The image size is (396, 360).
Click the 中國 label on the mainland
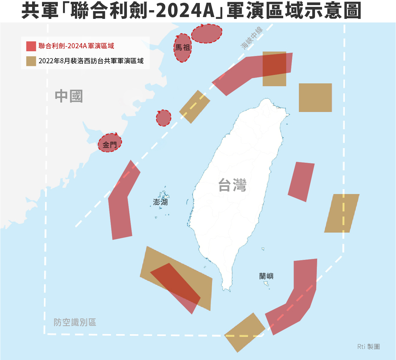point(69,96)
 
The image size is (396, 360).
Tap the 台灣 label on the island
point(232,185)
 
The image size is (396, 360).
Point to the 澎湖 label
point(160,202)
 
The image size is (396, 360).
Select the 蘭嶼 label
point(266,276)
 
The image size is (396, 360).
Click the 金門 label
point(109,145)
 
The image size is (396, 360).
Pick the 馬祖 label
point(182,47)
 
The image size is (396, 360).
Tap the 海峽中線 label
point(252,37)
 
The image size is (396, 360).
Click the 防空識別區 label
point(75,322)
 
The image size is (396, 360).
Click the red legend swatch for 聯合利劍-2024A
point(31,46)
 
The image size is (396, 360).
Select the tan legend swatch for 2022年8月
point(31,61)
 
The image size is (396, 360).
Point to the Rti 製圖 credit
point(368,347)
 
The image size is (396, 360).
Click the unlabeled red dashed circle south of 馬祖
point(163,118)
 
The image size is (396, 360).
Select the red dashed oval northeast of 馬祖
point(207,34)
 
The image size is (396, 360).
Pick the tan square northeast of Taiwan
point(315,98)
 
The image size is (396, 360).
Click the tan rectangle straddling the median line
point(195,107)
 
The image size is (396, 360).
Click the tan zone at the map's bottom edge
point(244,332)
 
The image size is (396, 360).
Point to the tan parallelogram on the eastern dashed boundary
point(342,213)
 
